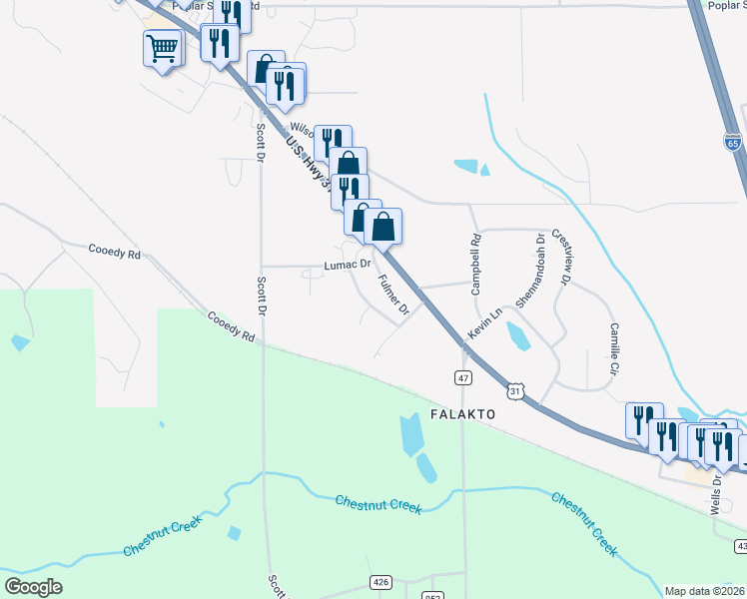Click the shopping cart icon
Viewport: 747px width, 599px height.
tap(163, 47)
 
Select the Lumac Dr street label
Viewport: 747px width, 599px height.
tap(347, 266)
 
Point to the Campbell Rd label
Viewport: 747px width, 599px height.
tap(476, 264)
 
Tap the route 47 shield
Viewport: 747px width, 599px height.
tap(463, 377)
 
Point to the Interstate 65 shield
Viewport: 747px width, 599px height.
tap(734, 142)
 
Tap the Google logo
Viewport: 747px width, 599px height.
tap(33, 587)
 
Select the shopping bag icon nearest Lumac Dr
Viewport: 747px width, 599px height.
tap(382, 227)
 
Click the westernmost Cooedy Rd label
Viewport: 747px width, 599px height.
tap(114, 253)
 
